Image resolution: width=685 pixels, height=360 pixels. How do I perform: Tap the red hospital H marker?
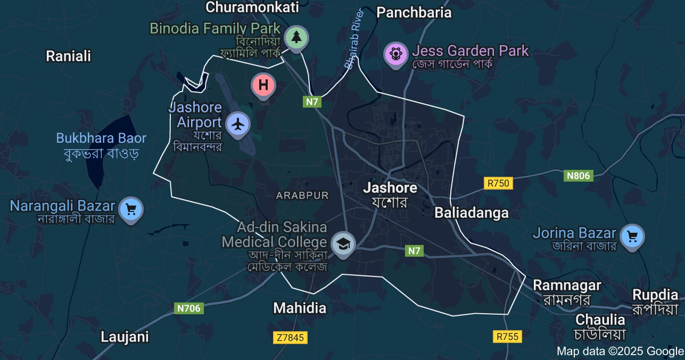(263, 85)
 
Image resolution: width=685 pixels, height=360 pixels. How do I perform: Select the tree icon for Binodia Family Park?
(296, 37)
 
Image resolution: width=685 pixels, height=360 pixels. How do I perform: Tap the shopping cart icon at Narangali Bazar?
(130, 209)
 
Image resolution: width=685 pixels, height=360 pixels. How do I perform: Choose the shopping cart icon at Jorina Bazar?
(632, 235)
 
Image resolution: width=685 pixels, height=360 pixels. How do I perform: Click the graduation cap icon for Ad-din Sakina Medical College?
(343, 244)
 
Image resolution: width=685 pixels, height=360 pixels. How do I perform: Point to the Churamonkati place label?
(252, 7)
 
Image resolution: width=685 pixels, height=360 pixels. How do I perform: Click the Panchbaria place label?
(414, 13)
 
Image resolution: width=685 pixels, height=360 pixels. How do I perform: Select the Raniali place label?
(68, 56)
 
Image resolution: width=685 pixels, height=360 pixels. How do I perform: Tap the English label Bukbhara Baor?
(101, 138)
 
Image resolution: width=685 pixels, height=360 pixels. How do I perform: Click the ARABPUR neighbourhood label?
(302, 195)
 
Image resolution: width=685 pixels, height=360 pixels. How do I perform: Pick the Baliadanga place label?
(471, 213)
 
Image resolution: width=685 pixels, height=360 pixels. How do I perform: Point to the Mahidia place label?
(299, 308)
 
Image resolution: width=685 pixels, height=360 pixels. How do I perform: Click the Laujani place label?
(125, 337)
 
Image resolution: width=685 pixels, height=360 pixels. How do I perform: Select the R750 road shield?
(499, 183)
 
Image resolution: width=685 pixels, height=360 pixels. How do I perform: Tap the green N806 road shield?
(578, 176)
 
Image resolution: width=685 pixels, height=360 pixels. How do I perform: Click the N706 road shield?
(188, 308)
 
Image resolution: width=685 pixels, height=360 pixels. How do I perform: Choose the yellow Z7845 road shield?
(290, 338)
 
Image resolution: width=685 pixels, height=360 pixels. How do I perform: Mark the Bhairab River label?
(353, 39)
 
